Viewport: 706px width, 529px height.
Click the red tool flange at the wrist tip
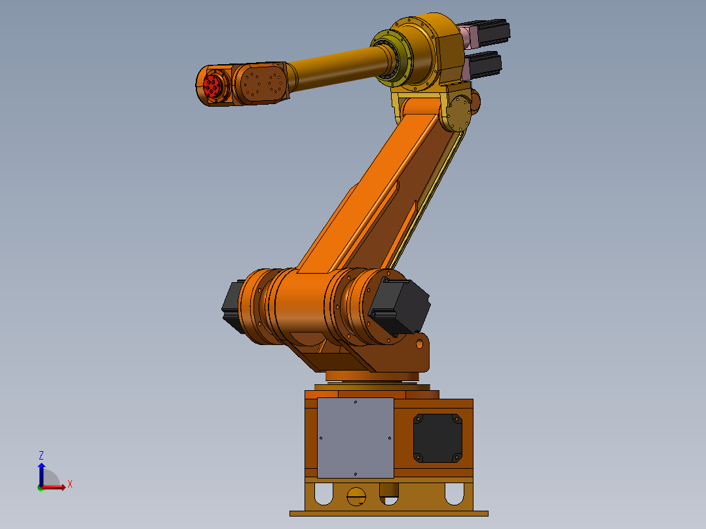(212, 85)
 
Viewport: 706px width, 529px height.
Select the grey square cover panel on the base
(355, 437)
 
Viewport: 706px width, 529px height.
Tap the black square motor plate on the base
(437, 437)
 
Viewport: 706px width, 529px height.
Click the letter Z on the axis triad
(41, 455)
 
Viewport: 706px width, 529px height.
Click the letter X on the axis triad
(70, 484)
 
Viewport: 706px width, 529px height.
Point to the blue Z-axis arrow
(41, 473)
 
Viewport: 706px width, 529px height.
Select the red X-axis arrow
(55, 487)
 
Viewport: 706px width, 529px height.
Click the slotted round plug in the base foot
(356, 496)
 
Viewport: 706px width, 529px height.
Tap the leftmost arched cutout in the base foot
(324, 493)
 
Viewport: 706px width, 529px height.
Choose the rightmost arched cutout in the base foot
(454, 493)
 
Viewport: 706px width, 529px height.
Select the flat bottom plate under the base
(389, 513)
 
